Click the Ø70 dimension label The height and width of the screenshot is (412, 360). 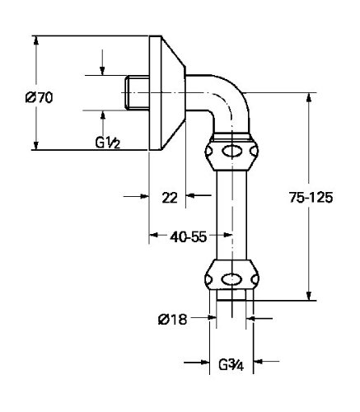point(39,97)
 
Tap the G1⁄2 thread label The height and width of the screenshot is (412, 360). point(108,143)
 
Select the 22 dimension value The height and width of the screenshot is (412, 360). point(170,198)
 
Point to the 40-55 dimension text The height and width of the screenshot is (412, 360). point(188,236)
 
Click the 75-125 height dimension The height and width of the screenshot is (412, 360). point(311,197)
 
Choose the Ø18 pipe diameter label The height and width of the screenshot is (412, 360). point(173,320)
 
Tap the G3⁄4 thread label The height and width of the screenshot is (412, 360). point(231,365)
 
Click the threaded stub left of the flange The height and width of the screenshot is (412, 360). point(137,92)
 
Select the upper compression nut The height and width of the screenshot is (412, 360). point(231,152)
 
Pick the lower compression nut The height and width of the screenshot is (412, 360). point(232,275)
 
